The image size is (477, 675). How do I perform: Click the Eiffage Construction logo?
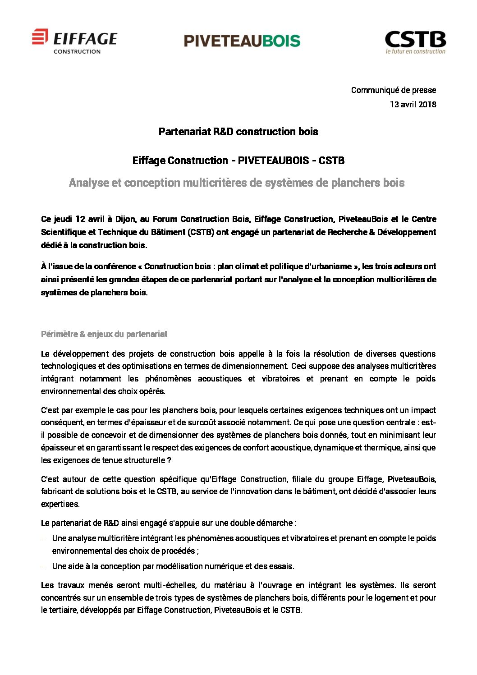(x=74, y=42)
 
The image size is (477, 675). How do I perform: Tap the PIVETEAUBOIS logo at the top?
(x=242, y=41)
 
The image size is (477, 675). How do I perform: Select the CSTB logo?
(x=415, y=42)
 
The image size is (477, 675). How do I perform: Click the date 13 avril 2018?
(x=413, y=105)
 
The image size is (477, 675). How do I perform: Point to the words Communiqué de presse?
(x=393, y=90)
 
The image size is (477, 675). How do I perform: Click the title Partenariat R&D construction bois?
(x=238, y=132)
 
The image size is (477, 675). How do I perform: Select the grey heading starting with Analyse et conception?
(x=237, y=183)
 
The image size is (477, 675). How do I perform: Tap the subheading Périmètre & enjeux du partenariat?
(x=104, y=334)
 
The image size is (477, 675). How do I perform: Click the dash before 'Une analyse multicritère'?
(x=43, y=539)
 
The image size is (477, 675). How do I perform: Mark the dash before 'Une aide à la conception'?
(x=43, y=567)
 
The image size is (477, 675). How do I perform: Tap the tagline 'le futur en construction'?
(x=415, y=51)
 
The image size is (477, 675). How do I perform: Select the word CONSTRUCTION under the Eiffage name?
(x=77, y=51)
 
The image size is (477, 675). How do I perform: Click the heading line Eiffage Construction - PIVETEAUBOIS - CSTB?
(x=238, y=161)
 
